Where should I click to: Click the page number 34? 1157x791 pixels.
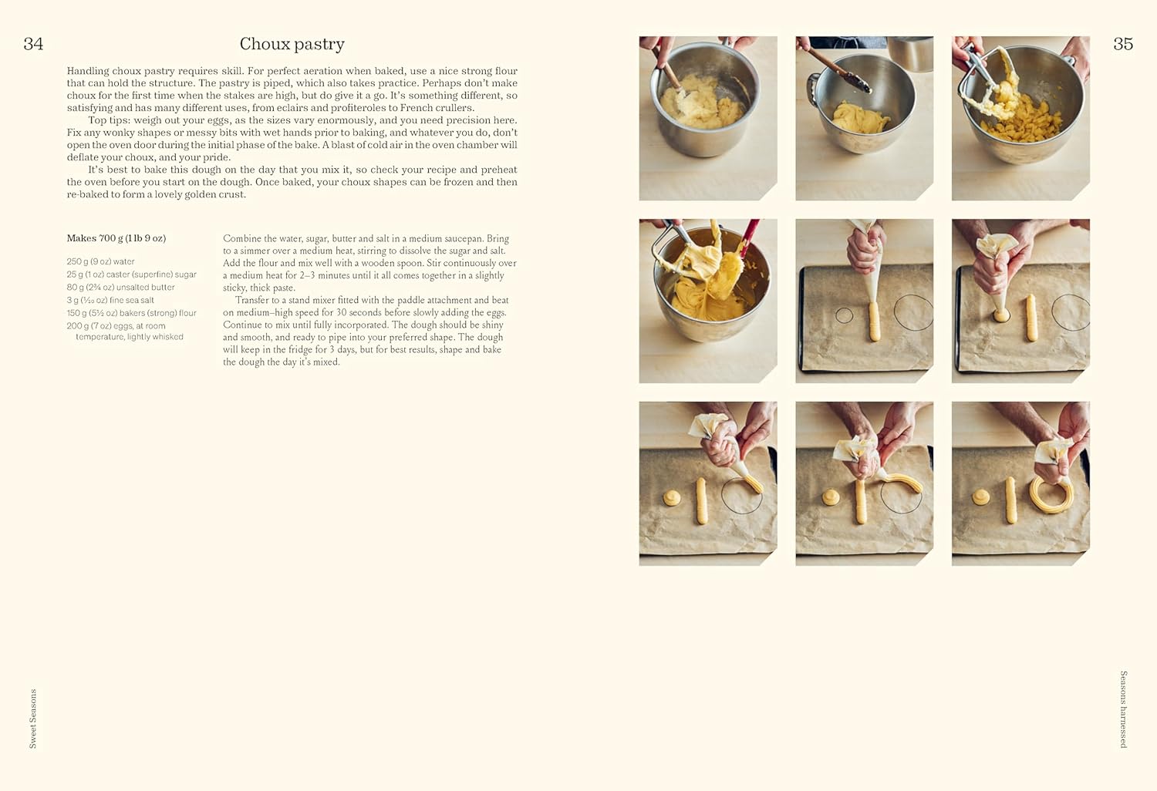click(33, 44)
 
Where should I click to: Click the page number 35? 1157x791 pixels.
click(1123, 44)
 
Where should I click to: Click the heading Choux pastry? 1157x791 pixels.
click(292, 44)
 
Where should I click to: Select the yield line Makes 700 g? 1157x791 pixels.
click(116, 238)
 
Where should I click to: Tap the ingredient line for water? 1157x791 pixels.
click(100, 261)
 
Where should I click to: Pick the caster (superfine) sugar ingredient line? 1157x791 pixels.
click(131, 274)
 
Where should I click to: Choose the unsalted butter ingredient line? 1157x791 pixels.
click(120, 288)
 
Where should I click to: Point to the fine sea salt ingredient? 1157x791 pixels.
click(110, 300)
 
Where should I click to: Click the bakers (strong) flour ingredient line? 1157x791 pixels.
click(131, 313)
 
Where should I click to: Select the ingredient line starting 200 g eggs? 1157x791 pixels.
click(116, 326)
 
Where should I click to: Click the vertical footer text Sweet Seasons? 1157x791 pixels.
click(33, 718)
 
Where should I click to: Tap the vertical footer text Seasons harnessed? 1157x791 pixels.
click(1123, 709)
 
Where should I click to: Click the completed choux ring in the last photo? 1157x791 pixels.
click(1051, 494)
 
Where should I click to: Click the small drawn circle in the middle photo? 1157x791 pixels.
click(844, 315)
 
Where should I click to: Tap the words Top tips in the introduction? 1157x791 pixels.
click(108, 120)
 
